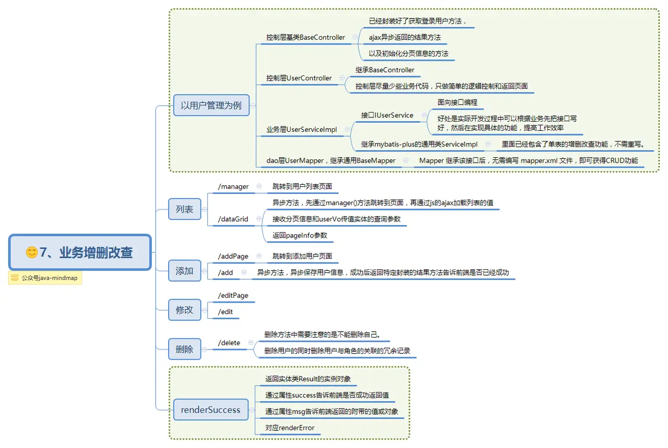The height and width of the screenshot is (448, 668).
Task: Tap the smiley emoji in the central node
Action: point(32,252)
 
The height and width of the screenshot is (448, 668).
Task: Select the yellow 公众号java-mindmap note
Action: point(45,278)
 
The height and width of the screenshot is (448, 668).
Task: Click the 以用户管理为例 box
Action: point(211,106)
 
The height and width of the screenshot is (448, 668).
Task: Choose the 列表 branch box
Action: point(184,209)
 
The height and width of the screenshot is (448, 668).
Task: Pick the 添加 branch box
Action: point(184,271)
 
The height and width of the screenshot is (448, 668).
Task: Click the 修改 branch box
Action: point(184,310)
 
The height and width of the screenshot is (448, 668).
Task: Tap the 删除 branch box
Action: point(184,349)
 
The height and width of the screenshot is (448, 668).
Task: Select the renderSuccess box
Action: point(211,410)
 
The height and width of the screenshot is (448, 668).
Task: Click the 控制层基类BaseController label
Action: point(305,38)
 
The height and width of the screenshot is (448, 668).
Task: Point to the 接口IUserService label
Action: point(387,115)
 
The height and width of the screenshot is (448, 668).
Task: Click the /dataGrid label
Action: point(233,219)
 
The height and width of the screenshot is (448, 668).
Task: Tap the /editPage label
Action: point(233,296)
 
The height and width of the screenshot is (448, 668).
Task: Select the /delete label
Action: point(229,343)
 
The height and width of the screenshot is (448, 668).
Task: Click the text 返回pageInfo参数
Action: point(300,235)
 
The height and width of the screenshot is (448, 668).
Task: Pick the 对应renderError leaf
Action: point(290,428)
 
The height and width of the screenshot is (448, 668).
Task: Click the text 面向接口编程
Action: point(457,102)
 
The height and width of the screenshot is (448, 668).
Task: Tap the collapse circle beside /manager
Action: point(259,186)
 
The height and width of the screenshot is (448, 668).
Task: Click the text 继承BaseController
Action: point(385,70)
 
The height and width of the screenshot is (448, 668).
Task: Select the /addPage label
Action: point(233,256)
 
